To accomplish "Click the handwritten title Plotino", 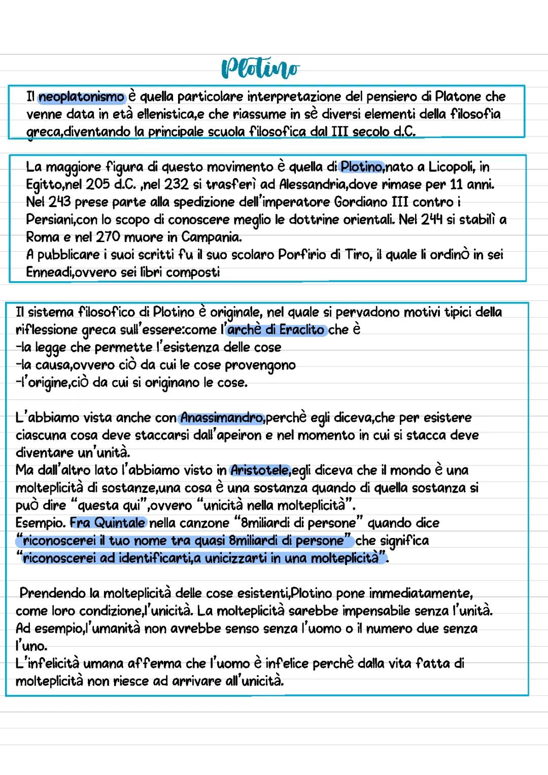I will (260, 69).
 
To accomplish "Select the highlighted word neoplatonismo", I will (82, 96).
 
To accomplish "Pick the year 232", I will (176, 184).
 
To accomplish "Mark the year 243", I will (60, 202).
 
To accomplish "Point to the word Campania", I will (211, 237).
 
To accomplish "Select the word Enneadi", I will (50, 273).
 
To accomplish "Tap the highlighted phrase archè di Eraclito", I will (276, 330).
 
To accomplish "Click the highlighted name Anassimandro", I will (222, 418).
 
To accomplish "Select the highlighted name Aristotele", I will (259, 470).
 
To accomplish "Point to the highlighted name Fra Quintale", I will (108, 523).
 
